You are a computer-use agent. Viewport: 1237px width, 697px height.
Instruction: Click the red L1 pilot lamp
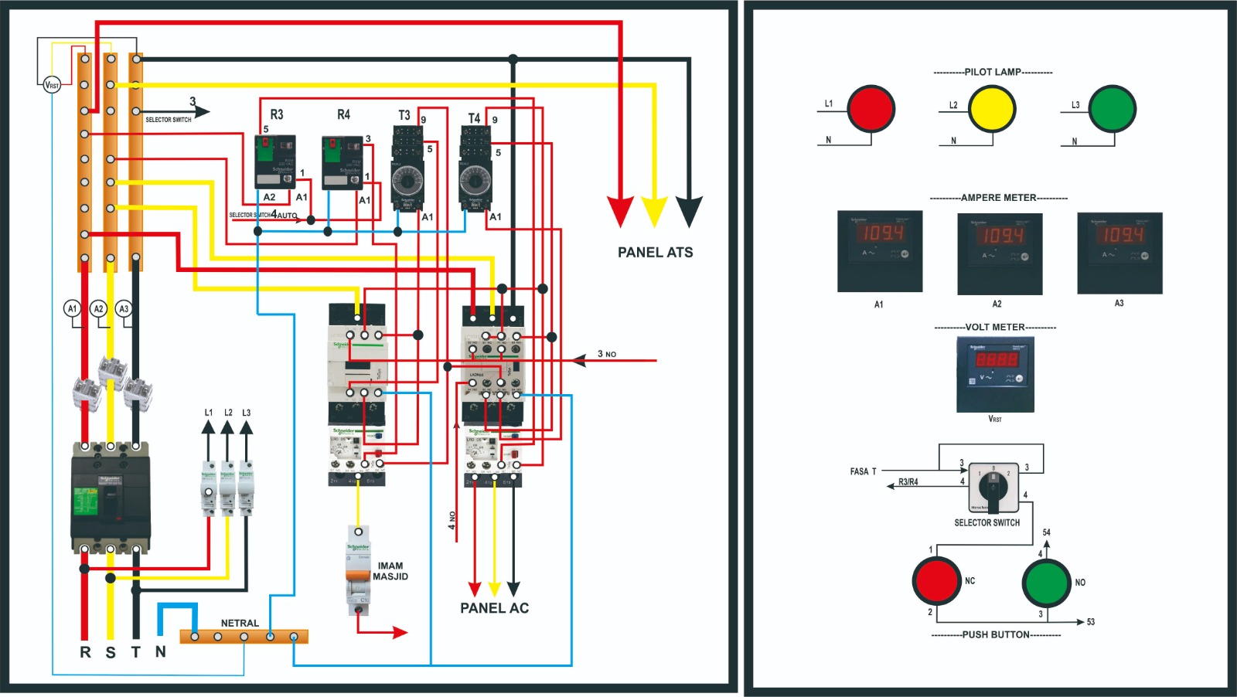[x=871, y=109]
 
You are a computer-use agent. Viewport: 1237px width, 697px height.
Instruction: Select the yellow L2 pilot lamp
[x=992, y=109]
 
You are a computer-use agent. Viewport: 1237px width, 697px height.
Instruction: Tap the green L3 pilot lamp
[x=1112, y=109]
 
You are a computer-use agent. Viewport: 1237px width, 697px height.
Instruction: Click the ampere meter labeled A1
[x=880, y=251]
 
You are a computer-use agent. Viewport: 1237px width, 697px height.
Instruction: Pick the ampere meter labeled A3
[x=1119, y=253]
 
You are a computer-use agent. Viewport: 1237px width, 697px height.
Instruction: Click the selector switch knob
[x=993, y=488]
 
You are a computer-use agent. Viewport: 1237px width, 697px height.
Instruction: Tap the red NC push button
[x=936, y=581]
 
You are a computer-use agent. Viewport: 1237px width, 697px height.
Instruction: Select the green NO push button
[x=1046, y=583]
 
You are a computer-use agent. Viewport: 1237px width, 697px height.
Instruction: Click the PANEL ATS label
[x=655, y=253]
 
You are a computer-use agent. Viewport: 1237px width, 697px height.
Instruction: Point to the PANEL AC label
[x=495, y=608]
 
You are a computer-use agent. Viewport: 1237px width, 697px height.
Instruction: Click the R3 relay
[x=275, y=162]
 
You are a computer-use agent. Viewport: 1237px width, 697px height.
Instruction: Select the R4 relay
[x=342, y=162]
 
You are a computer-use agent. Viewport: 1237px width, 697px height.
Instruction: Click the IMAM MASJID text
[x=390, y=571]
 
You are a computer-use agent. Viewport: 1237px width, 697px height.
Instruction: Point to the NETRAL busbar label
[x=240, y=623]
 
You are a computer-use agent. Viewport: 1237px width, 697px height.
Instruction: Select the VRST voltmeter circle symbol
[x=52, y=85]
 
